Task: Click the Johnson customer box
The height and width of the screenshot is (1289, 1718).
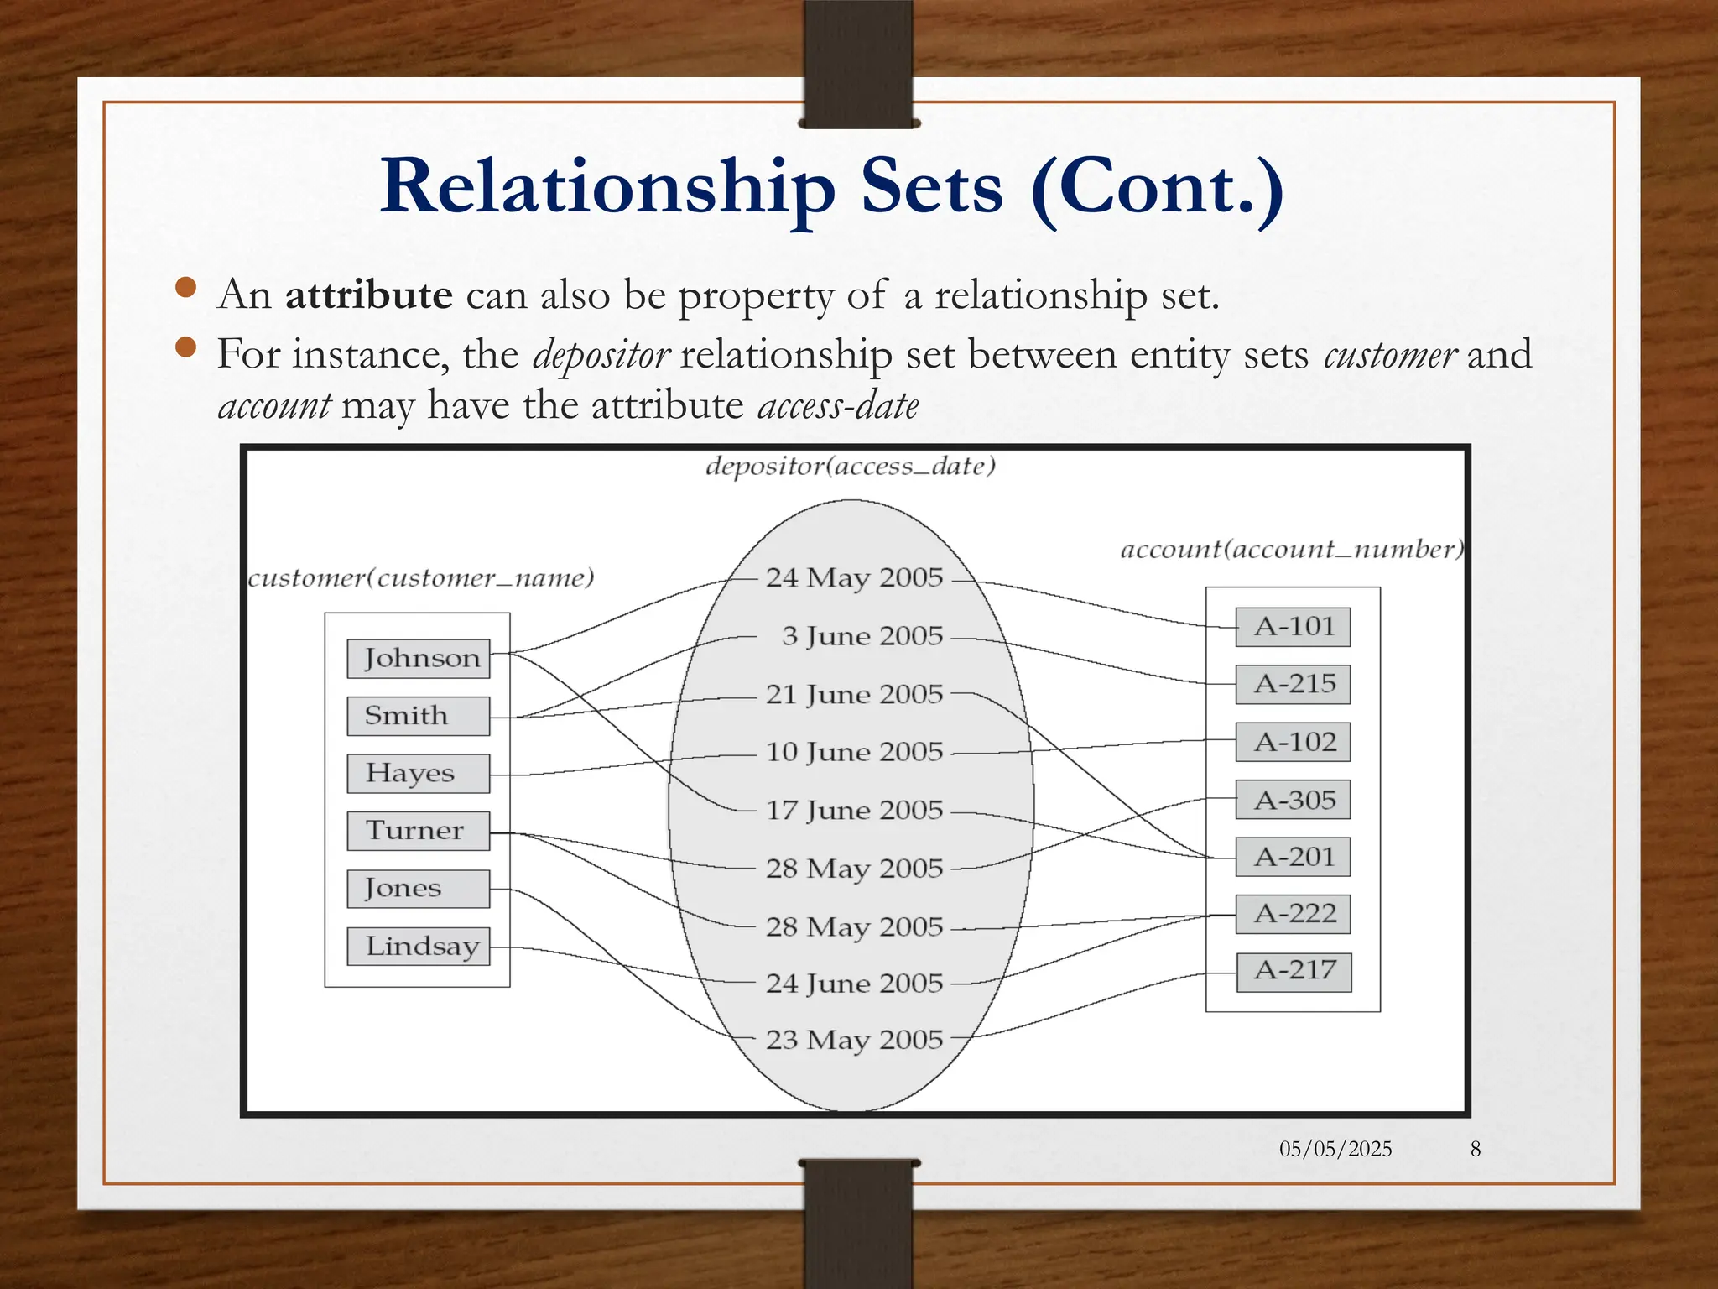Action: (x=418, y=659)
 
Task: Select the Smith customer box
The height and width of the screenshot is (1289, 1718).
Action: (x=418, y=716)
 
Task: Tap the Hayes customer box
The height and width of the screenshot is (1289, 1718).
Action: (x=418, y=773)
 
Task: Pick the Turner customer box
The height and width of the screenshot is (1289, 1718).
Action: (x=418, y=831)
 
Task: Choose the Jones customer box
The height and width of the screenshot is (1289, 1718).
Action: (x=418, y=889)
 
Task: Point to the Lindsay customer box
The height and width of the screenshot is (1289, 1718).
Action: (x=418, y=947)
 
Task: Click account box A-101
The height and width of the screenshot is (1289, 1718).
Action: (x=1293, y=627)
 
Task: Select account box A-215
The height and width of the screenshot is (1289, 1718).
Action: (x=1293, y=684)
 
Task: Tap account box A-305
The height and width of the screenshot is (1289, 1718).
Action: (x=1293, y=800)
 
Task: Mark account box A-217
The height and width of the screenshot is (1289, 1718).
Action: (x=1294, y=972)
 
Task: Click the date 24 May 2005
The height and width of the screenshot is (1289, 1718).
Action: (x=854, y=578)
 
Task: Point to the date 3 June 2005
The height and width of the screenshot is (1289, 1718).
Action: (x=862, y=636)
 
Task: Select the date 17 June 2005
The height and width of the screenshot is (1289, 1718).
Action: (x=854, y=811)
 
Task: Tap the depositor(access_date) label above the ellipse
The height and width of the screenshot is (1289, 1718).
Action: (x=850, y=467)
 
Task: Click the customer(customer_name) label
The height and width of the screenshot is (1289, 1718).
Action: (x=421, y=578)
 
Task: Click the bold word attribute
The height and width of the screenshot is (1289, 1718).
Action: (x=369, y=295)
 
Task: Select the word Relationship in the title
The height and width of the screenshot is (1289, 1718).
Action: (x=607, y=188)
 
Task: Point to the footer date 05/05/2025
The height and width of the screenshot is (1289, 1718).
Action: (x=1335, y=1149)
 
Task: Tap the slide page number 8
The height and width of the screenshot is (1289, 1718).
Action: (x=1476, y=1149)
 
